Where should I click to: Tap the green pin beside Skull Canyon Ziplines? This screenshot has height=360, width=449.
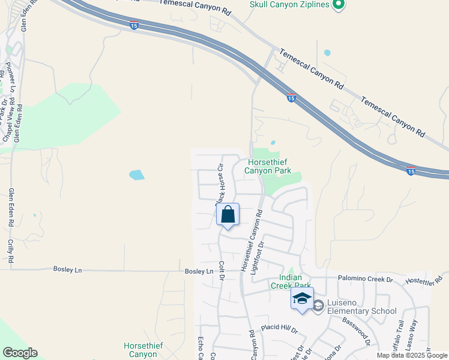[338, 5]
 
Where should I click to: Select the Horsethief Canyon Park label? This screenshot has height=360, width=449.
[268, 166]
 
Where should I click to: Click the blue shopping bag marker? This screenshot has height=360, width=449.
[228, 214]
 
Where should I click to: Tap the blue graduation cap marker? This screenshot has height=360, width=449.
[302, 298]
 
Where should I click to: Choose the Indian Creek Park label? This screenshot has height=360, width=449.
[295, 281]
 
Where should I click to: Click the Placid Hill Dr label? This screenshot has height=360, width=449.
[279, 329]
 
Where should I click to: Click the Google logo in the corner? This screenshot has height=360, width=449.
[20, 353]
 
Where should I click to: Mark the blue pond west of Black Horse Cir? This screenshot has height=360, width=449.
[137, 175]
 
